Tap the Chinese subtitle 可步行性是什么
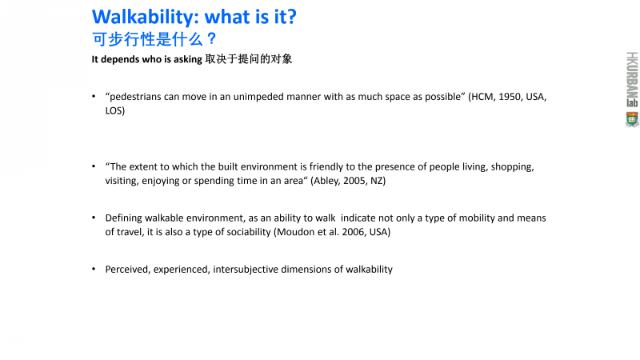point(147,39)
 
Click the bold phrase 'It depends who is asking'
point(147,59)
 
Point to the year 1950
point(510,97)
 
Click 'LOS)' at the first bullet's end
point(115,110)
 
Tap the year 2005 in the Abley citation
point(354,181)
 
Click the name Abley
point(326,181)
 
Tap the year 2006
point(354,232)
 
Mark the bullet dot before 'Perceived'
point(94,269)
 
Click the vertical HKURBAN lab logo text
point(632,79)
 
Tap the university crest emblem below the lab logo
point(632,119)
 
